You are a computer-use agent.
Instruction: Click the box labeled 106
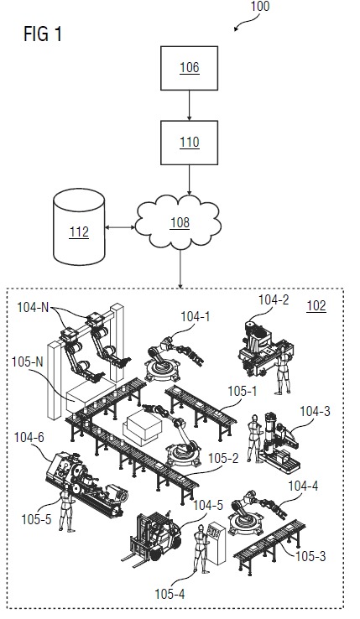pyautogui.click(x=189, y=68)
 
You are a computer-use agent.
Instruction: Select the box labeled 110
pyautogui.click(x=189, y=143)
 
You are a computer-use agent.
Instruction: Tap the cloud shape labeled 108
pyautogui.click(x=178, y=222)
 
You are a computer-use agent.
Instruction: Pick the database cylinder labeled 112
pyautogui.click(x=79, y=226)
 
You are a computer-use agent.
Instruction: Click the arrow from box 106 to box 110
pyautogui.click(x=189, y=106)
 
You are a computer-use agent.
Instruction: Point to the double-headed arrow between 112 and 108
pyautogui.click(x=120, y=227)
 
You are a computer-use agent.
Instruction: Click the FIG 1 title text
pyautogui.click(x=43, y=34)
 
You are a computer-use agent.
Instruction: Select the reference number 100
pyautogui.click(x=260, y=7)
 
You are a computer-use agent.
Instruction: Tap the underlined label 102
pyautogui.click(x=316, y=306)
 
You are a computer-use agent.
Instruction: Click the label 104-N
pyautogui.click(x=33, y=307)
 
